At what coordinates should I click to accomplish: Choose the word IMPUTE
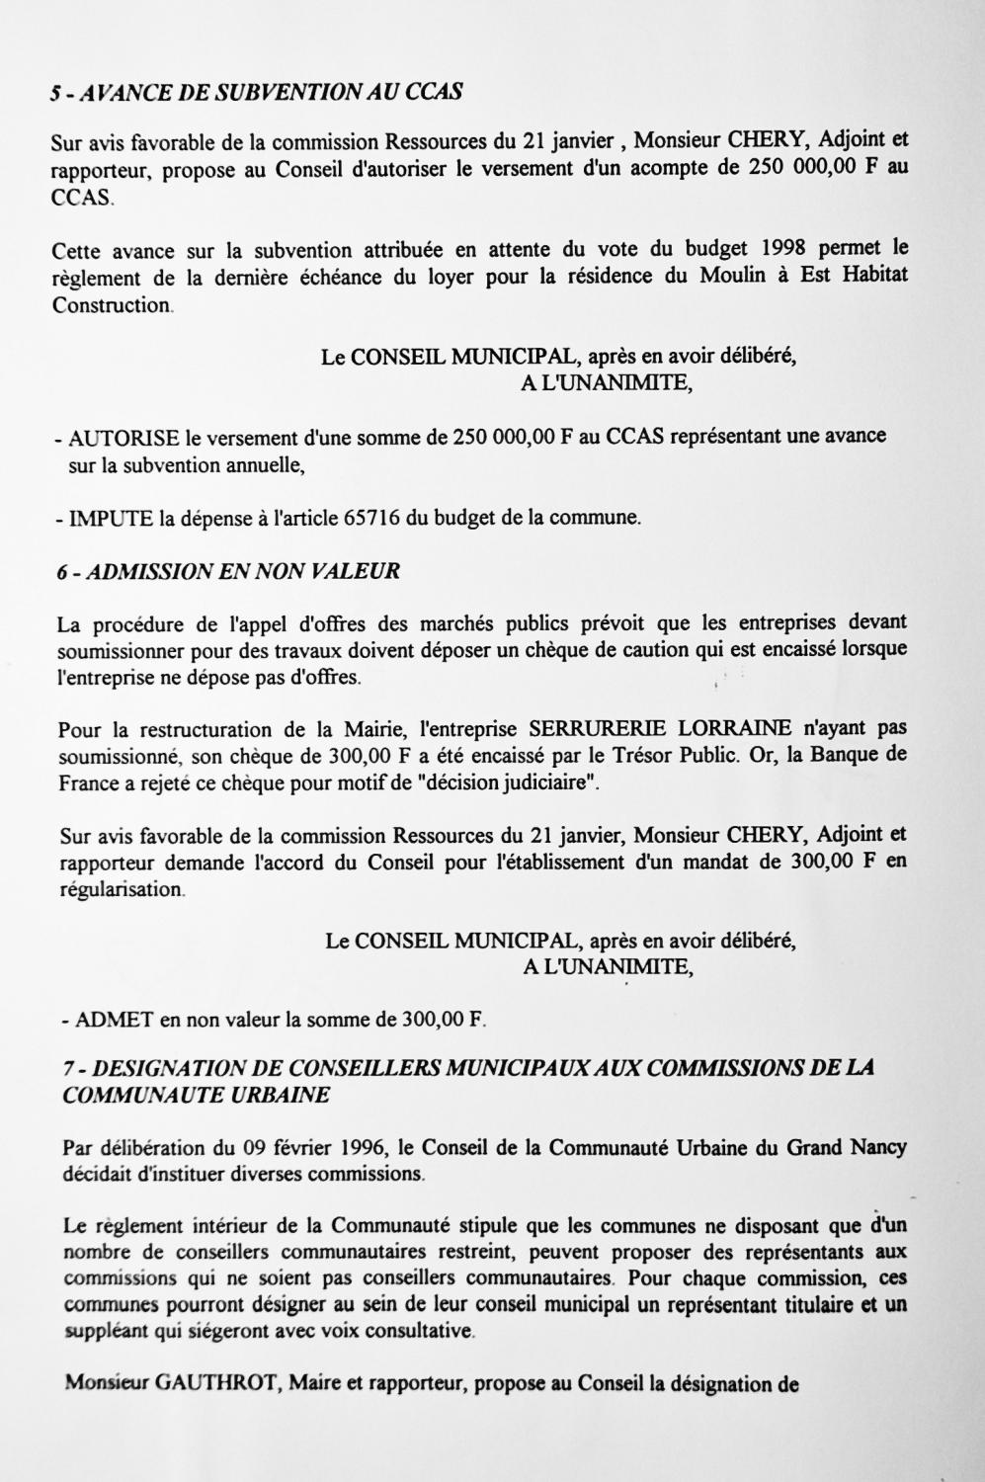110,517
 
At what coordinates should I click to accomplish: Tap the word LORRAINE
734,729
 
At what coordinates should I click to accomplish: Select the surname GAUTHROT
220,1383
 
